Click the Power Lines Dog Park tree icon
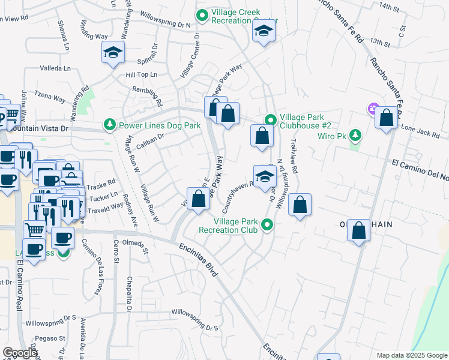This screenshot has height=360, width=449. [x=110, y=125]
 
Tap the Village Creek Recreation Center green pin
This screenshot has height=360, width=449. [x=202, y=14]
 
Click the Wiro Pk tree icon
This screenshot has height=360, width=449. [x=355, y=135]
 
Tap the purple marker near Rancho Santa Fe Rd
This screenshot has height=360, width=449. [x=373, y=109]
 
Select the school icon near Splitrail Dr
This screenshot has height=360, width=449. [x=112, y=53]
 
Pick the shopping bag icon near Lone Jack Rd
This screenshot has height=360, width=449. [x=386, y=118]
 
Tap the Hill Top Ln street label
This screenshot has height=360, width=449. [x=141, y=74]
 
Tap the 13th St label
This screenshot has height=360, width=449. [x=380, y=42]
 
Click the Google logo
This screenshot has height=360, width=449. [x=20, y=353]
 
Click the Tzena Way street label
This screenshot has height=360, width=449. [x=49, y=97]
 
